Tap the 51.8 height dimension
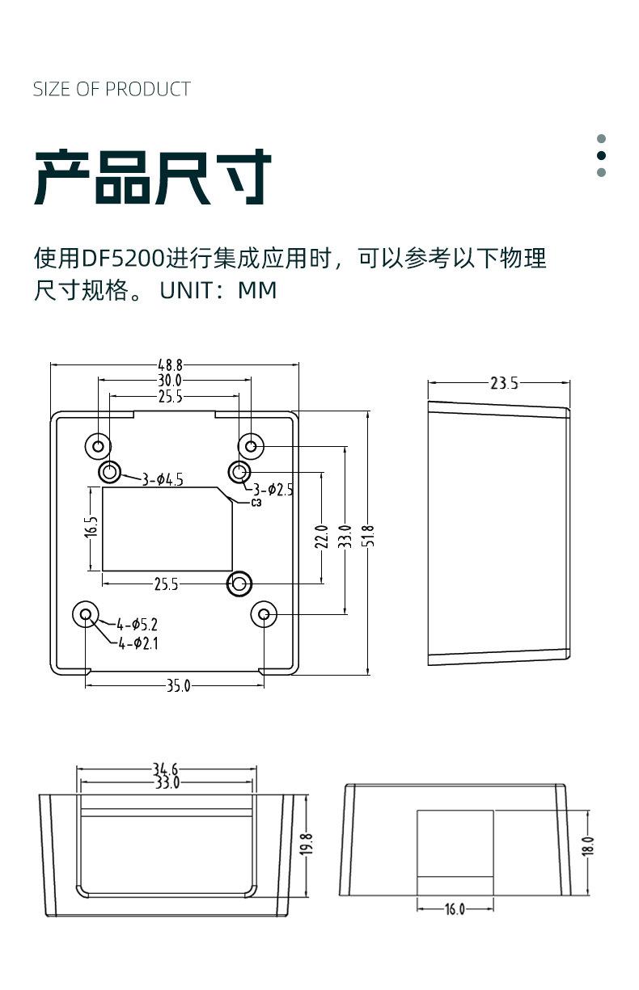[x=369, y=535]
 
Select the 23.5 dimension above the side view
[x=504, y=383]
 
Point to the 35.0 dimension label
[x=178, y=686]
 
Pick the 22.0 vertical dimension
[x=321, y=536]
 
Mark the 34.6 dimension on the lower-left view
[x=165, y=769]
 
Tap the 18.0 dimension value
[x=588, y=845]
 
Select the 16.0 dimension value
[x=455, y=909]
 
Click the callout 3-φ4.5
[x=162, y=480]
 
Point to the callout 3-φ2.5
[x=273, y=489]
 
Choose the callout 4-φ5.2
[x=137, y=624]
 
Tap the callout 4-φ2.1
[x=138, y=643]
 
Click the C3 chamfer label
[x=256, y=503]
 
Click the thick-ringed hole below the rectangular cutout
[x=239, y=583]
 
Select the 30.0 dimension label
[x=170, y=381]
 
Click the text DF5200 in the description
[x=122, y=259]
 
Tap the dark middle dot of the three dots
[x=601, y=155]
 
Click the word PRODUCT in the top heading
[x=148, y=89]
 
